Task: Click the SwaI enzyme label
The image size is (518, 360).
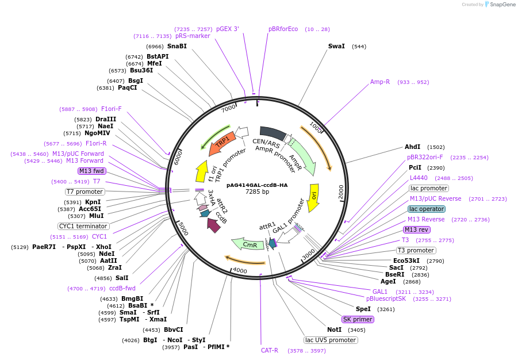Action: [x=336, y=46]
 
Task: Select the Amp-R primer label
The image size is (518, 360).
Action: [x=379, y=82]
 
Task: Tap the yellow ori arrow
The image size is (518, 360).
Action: [x=313, y=198]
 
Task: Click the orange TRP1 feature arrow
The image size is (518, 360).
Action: [x=221, y=143]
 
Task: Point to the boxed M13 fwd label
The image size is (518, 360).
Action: [x=92, y=171]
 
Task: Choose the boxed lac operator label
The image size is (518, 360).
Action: [x=427, y=209]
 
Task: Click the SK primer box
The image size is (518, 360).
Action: [x=358, y=319]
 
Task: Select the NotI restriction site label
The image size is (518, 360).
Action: [x=334, y=330]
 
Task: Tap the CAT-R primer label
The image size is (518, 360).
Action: [x=270, y=350]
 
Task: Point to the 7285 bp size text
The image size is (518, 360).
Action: [x=257, y=192]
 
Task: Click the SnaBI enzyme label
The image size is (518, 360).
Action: [x=177, y=46]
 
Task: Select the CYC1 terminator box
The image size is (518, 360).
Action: [x=83, y=226]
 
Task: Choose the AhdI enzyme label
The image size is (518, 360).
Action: [x=413, y=147]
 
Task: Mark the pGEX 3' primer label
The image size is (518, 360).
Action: [x=227, y=29]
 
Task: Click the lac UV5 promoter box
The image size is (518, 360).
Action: [x=331, y=340]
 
